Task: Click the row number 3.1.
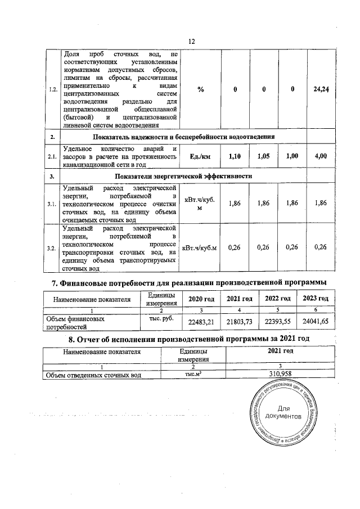pos(52,204)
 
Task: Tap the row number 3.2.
pos(52,247)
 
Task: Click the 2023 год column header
pos(314,298)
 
